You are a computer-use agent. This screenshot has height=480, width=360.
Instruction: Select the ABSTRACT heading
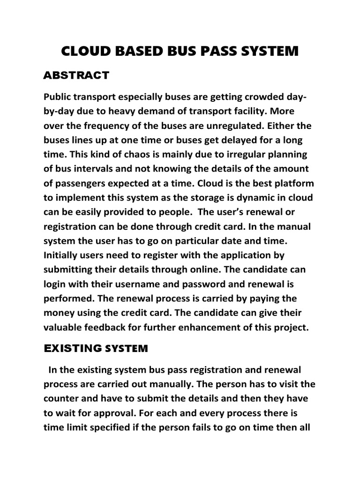(76, 75)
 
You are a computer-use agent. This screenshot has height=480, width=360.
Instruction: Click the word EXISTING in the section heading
(73, 348)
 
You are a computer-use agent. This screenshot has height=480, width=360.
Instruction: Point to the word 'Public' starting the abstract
(56, 97)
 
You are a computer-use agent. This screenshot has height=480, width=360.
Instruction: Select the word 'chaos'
(124, 155)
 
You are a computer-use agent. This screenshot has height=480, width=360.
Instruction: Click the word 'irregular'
(239, 155)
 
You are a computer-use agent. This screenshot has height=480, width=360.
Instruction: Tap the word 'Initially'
(60, 255)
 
